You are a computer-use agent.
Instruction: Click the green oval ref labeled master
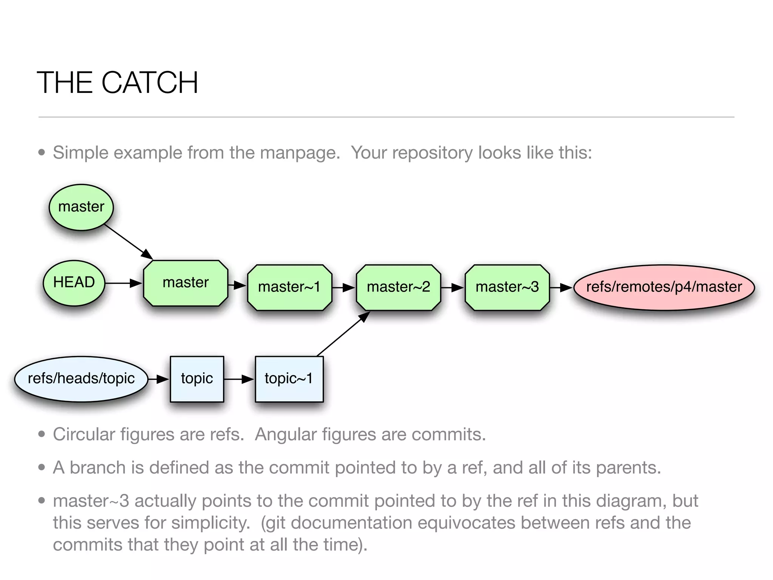click(x=81, y=207)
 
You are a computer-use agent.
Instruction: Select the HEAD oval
click(x=74, y=283)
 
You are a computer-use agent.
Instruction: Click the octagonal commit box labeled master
click(x=186, y=283)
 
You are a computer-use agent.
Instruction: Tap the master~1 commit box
click(x=289, y=287)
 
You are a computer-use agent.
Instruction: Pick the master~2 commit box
click(x=398, y=287)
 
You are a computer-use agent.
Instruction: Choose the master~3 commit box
click(x=507, y=287)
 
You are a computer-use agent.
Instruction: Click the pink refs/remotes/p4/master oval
click(x=664, y=287)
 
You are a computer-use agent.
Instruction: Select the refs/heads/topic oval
click(x=81, y=379)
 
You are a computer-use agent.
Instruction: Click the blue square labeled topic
click(x=197, y=379)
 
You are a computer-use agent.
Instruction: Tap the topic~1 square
click(x=289, y=379)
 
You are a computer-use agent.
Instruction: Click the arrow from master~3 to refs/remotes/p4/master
click(x=561, y=288)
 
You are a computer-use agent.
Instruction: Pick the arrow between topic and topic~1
click(x=239, y=379)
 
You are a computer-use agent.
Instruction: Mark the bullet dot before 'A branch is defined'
click(x=42, y=468)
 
